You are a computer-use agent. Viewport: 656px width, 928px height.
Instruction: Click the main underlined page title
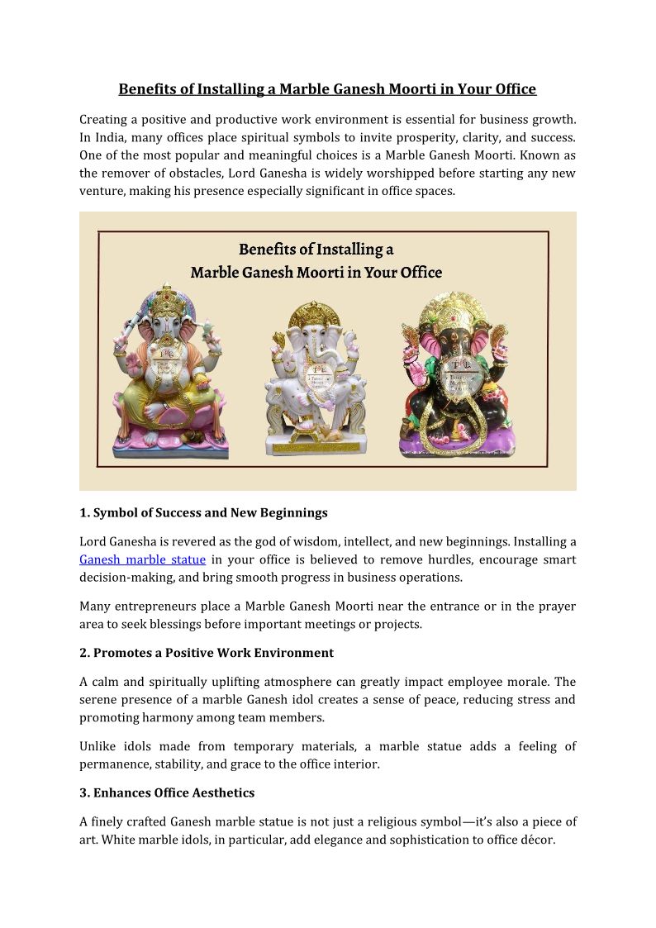tap(327, 89)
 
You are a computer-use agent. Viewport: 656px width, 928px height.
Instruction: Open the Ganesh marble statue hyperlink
tap(142, 559)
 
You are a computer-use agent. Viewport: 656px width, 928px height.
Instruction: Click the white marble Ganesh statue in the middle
tap(316, 380)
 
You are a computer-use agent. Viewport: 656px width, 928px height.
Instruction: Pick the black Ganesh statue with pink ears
tap(457, 380)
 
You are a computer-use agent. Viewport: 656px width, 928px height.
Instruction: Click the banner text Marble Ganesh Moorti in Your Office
tap(316, 273)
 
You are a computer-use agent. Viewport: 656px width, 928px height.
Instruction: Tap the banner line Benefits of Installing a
tap(316, 249)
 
